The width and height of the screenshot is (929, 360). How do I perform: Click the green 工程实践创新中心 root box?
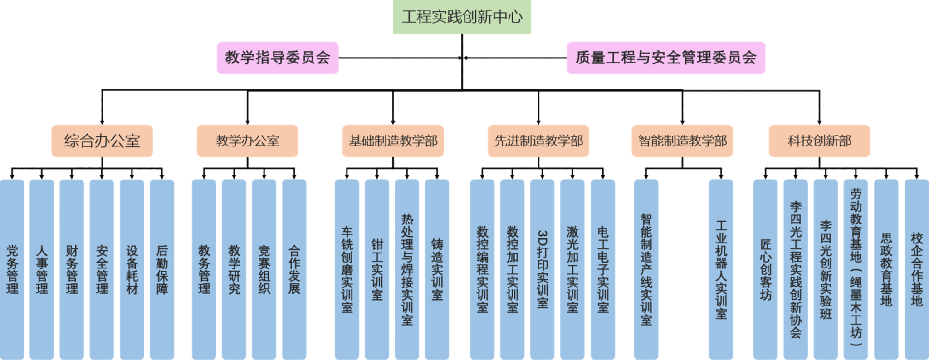pyautogui.click(x=462, y=17)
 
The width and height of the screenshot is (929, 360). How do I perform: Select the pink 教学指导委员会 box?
pyautogui.click(x=278, y=58)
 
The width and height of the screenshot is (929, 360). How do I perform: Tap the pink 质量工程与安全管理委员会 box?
pyautogui.click(x=666, y=58)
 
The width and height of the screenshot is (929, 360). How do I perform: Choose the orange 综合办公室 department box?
pyautogui.click(x=102, y=141)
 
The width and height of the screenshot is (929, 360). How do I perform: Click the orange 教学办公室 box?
pyautogui.click(x=247, y=141)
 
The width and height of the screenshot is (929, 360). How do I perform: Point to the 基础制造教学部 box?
pyautogui.click(x=393, y=141)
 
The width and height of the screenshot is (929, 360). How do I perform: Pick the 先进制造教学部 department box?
pyautogui.click(x=538, y=141)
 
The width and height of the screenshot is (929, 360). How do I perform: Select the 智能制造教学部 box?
pyautogui.click(x=682, y=141)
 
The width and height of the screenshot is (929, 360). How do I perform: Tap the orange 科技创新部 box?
pyautogui.click(x=819, y=141)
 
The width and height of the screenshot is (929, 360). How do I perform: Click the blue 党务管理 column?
pyautogui.click(x=12, y=269)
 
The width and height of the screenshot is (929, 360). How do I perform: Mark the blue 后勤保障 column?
pyautogui.click(x=162, y=269)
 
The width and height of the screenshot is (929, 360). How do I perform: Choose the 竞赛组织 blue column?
pyautogui.click(x=264, y=269)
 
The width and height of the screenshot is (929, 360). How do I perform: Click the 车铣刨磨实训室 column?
pyautogui.click(x=347, y=269)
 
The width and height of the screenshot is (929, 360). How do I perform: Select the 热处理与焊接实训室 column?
pyautogui.click(x=407, y=269)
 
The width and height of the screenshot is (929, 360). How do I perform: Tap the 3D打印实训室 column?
pyautogui.click(x=542, y=269)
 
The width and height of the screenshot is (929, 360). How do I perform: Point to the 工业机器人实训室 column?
pyautogui.click(x=721, y=269)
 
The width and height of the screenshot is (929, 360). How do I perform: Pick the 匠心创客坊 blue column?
pyautogui.click(x=765, y=269)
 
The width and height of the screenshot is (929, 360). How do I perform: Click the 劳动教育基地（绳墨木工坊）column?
pyautogui.click(x=856, y=269)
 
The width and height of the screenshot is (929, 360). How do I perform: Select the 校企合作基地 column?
pyautogui.click(x=916, y=269)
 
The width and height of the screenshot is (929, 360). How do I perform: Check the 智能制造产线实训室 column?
pyautogui.click(x=646, y=269)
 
